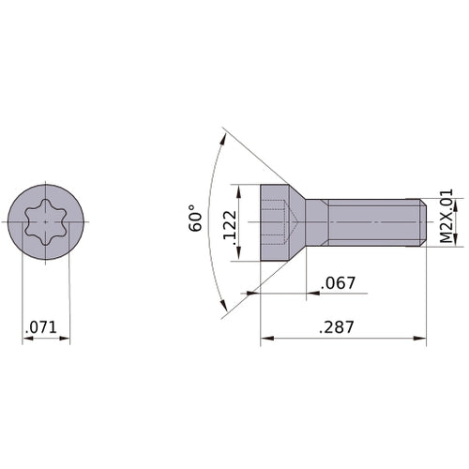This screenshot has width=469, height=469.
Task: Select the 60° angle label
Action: point(196,218)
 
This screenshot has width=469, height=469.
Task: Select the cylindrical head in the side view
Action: point(272,222)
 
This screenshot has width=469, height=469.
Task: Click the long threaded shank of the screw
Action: point(371,222)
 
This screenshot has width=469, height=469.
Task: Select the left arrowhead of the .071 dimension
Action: point(26,338)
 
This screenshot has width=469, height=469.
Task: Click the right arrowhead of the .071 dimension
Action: point(66,338)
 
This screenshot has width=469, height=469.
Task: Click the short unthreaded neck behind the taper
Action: point(319,222)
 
